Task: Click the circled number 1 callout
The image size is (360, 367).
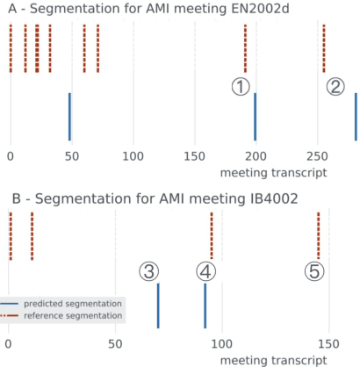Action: (241, 85)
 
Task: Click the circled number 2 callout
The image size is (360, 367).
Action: (335, 86)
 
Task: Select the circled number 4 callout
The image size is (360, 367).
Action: (205, 271)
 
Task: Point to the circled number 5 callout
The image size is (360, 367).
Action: (313, 271)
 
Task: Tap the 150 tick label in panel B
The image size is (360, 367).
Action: (328, 342)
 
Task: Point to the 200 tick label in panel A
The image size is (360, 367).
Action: (256, 157)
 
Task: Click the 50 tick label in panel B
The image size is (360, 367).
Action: (114, 342)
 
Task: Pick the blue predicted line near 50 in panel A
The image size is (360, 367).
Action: (69, 116)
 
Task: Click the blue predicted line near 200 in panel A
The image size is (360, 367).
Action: (255, 116)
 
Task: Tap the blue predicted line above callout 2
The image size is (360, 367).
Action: (356, 116)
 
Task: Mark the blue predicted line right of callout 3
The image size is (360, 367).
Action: (158, 305)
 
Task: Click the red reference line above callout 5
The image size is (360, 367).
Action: (318, 235)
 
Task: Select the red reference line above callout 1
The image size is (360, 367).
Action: (245, 49)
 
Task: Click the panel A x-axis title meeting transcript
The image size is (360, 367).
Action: (273, 173)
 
